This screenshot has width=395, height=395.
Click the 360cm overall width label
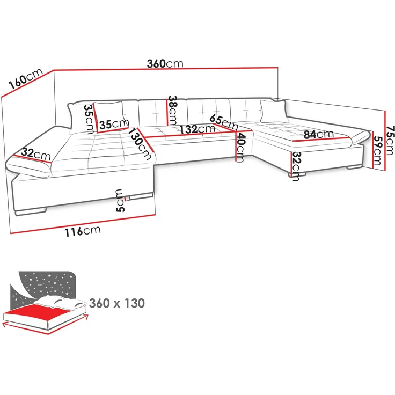coord(165,64)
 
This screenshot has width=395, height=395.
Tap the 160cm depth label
coord(26,78)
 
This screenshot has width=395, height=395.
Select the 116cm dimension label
coord(83,231)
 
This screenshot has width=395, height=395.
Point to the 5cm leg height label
coord(120,201)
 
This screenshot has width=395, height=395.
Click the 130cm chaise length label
coord(140,144)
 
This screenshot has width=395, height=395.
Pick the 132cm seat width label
coord(197,129)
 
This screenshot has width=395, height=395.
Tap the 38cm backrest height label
coord(173,110)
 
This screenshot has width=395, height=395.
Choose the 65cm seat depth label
coord(223,122)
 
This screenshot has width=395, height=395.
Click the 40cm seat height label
coord(240,148)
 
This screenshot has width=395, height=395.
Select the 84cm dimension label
coord(319,134)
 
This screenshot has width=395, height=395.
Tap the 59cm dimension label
coord(378,150)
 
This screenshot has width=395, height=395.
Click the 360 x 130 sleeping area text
coord(117,303)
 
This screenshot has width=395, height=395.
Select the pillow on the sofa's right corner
coord(274,111)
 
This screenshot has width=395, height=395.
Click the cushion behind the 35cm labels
coord(109,117)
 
